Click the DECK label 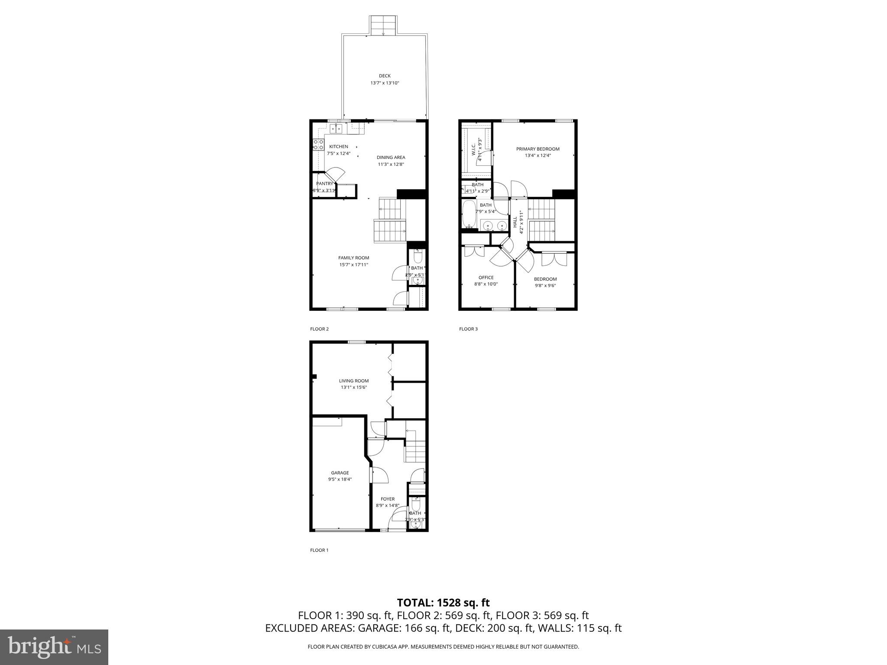point(385,76)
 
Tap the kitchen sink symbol point(336,129)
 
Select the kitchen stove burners point(318,145)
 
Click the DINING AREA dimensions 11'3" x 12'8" point(391,165)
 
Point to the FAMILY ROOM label point(353,258)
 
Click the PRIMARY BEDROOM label point(537,149)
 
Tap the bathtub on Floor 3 point(468,214)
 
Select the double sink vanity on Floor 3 point(494,225)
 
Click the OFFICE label point(486,278)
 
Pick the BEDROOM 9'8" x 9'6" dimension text point(545,286)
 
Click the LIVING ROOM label point(353,381)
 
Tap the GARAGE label point(340,473)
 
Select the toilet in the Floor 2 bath point(418,258)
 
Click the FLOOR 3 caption point(468,329)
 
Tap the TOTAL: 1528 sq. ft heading point(443,603)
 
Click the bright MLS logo point(54,647)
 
